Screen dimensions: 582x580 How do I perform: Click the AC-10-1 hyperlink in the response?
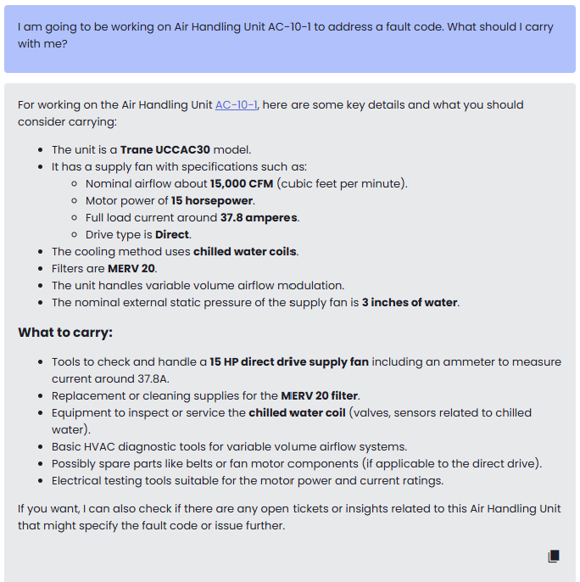(x=237, y=105)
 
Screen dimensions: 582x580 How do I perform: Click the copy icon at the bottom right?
(x=554, y=557)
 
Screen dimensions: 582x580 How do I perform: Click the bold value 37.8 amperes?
(x=259, y=217)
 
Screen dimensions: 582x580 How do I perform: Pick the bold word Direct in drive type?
(x=173, y=234)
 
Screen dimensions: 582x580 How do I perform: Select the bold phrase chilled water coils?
(x=245, y=251)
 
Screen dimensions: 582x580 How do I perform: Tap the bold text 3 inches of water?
(x=410, y=302)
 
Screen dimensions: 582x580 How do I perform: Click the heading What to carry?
(x=65, y=332)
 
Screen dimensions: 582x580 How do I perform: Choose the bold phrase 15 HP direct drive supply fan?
(x=289, y=361)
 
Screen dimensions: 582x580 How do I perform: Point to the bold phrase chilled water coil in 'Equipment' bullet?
(x=297, y=412)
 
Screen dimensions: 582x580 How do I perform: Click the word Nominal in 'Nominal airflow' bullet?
(x=109, y=183)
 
